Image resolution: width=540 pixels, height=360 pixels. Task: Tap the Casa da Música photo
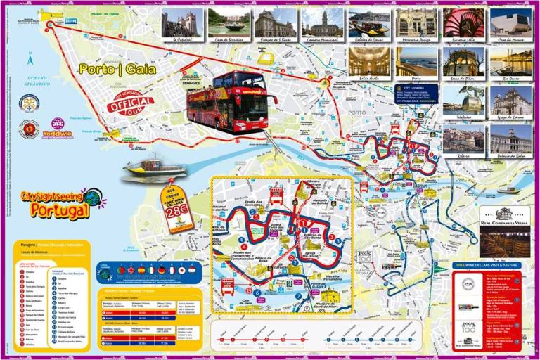click(x=510, y=22)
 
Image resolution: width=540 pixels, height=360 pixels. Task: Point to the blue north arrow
click(x=30, y=59)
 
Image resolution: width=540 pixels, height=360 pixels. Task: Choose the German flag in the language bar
click(x=161, y=270)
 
